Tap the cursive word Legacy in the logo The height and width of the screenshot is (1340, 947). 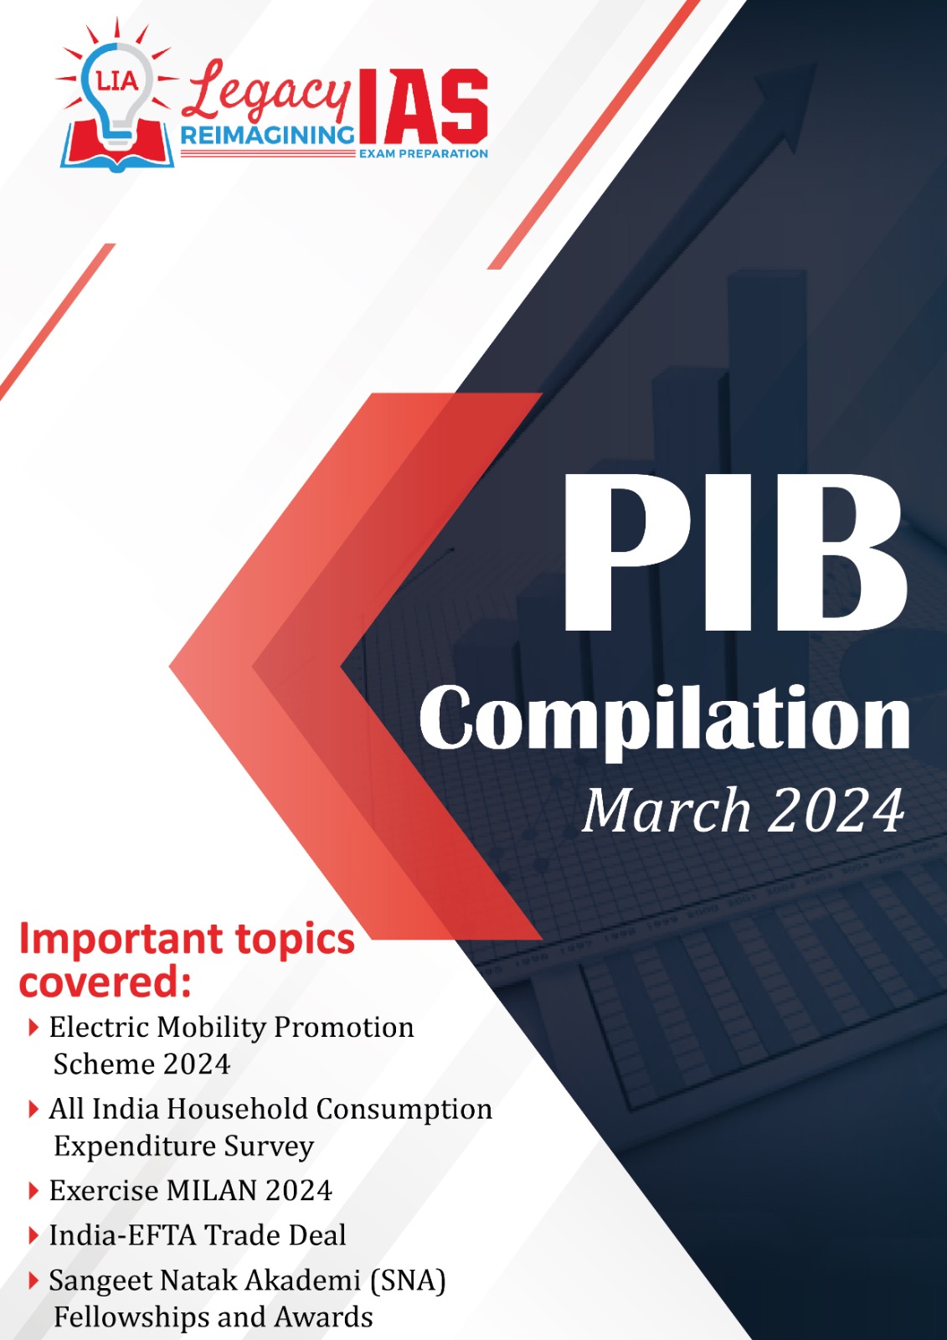pyautogui.click(x=266, y=95)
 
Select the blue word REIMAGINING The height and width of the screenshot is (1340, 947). pyautogui.click(x=267, y=136)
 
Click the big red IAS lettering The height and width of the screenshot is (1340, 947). pyautogui.click(x=422, y=106)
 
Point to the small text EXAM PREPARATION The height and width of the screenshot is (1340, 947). pyautogui.click(x=423, y=154)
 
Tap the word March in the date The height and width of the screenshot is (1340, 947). pyautogui.click(x=666, y=811)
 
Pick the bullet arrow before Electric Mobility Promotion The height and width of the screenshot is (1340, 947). pyautogui.click(x=33, y=1028)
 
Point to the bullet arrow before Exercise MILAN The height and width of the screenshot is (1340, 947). pyautogui.click(x=33, y=1190)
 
